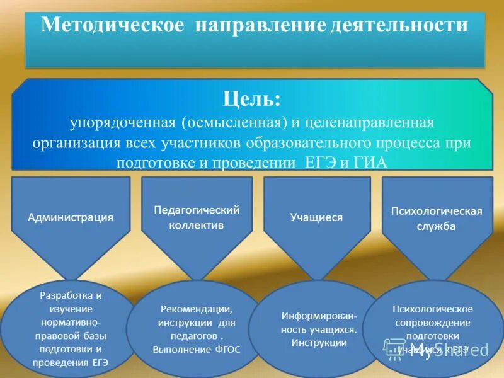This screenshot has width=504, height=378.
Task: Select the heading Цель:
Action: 251,99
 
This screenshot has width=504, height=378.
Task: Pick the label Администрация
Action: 71,217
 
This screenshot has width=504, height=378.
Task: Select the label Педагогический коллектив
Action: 197,217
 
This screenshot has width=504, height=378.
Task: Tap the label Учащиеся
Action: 316,217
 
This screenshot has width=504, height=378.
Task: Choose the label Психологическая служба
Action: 437,218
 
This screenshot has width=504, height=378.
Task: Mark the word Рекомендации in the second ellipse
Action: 197,309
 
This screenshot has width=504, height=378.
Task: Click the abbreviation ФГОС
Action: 227,348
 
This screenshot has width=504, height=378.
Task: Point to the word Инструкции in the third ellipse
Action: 319,343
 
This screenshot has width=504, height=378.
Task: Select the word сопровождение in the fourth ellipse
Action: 432,323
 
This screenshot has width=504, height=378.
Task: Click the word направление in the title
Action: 260,25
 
